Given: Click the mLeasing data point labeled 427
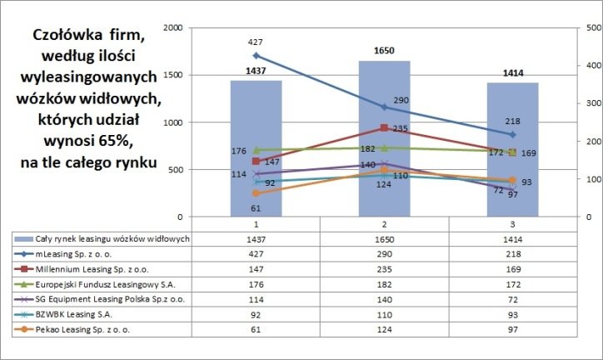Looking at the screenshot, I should (256, 56).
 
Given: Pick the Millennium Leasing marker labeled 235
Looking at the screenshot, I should (384, 128).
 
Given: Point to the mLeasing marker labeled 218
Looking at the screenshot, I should (512, 134).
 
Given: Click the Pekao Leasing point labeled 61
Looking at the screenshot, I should (256, 193).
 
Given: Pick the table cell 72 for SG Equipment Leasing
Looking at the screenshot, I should (512, 300).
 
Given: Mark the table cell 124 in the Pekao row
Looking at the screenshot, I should (384, 331).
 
